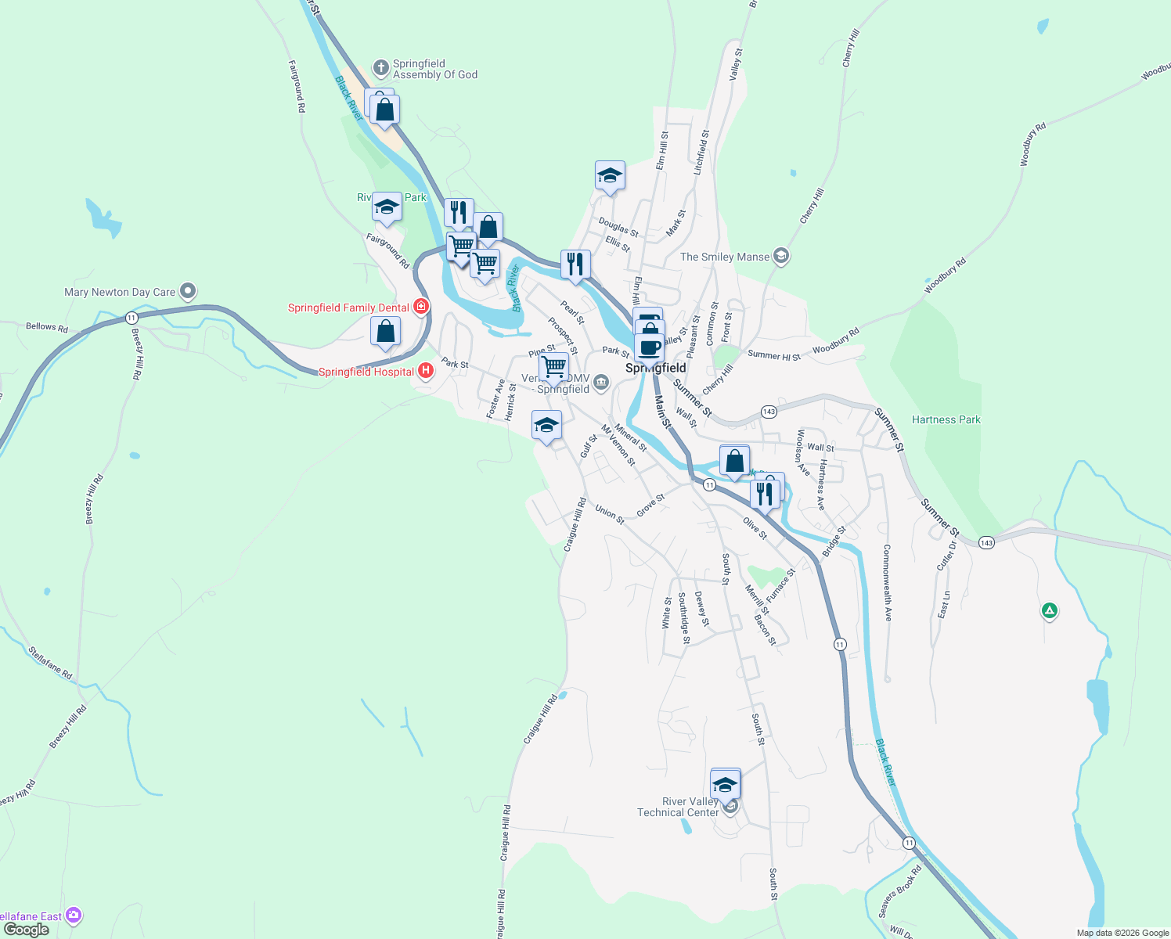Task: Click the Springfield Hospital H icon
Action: tap(426, 370)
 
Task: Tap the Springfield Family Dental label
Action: tap(348, 308)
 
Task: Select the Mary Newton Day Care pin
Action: tap(188, 292)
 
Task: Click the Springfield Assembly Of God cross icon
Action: tap(381, 68)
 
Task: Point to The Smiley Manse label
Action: tap(725, 257)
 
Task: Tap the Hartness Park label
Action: tap(946, 419)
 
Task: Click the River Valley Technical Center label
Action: tap(678, 807)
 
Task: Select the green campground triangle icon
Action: tap(1050, 610)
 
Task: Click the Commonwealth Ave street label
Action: tap(887, 583)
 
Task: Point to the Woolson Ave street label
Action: tap(802, 452)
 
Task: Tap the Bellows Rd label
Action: tap(47, 327)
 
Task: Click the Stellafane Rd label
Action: tap(50, 662)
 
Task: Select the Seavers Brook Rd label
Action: tap(900, 890)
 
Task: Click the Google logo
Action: tap(27, 930)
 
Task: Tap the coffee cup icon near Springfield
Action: tap(649, 347)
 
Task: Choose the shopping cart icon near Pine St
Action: tap(553, 365)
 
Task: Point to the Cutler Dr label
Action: tap(946, 556)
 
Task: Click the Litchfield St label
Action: tap(701, 152)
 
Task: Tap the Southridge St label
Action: tap(683, 618)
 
